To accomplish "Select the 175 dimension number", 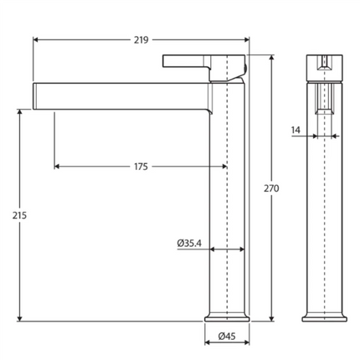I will [141, 167].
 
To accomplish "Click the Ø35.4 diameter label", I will [189, 243].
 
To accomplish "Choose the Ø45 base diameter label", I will [227, 337].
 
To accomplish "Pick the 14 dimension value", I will [296, 130].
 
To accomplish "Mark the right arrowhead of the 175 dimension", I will [224, 167].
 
